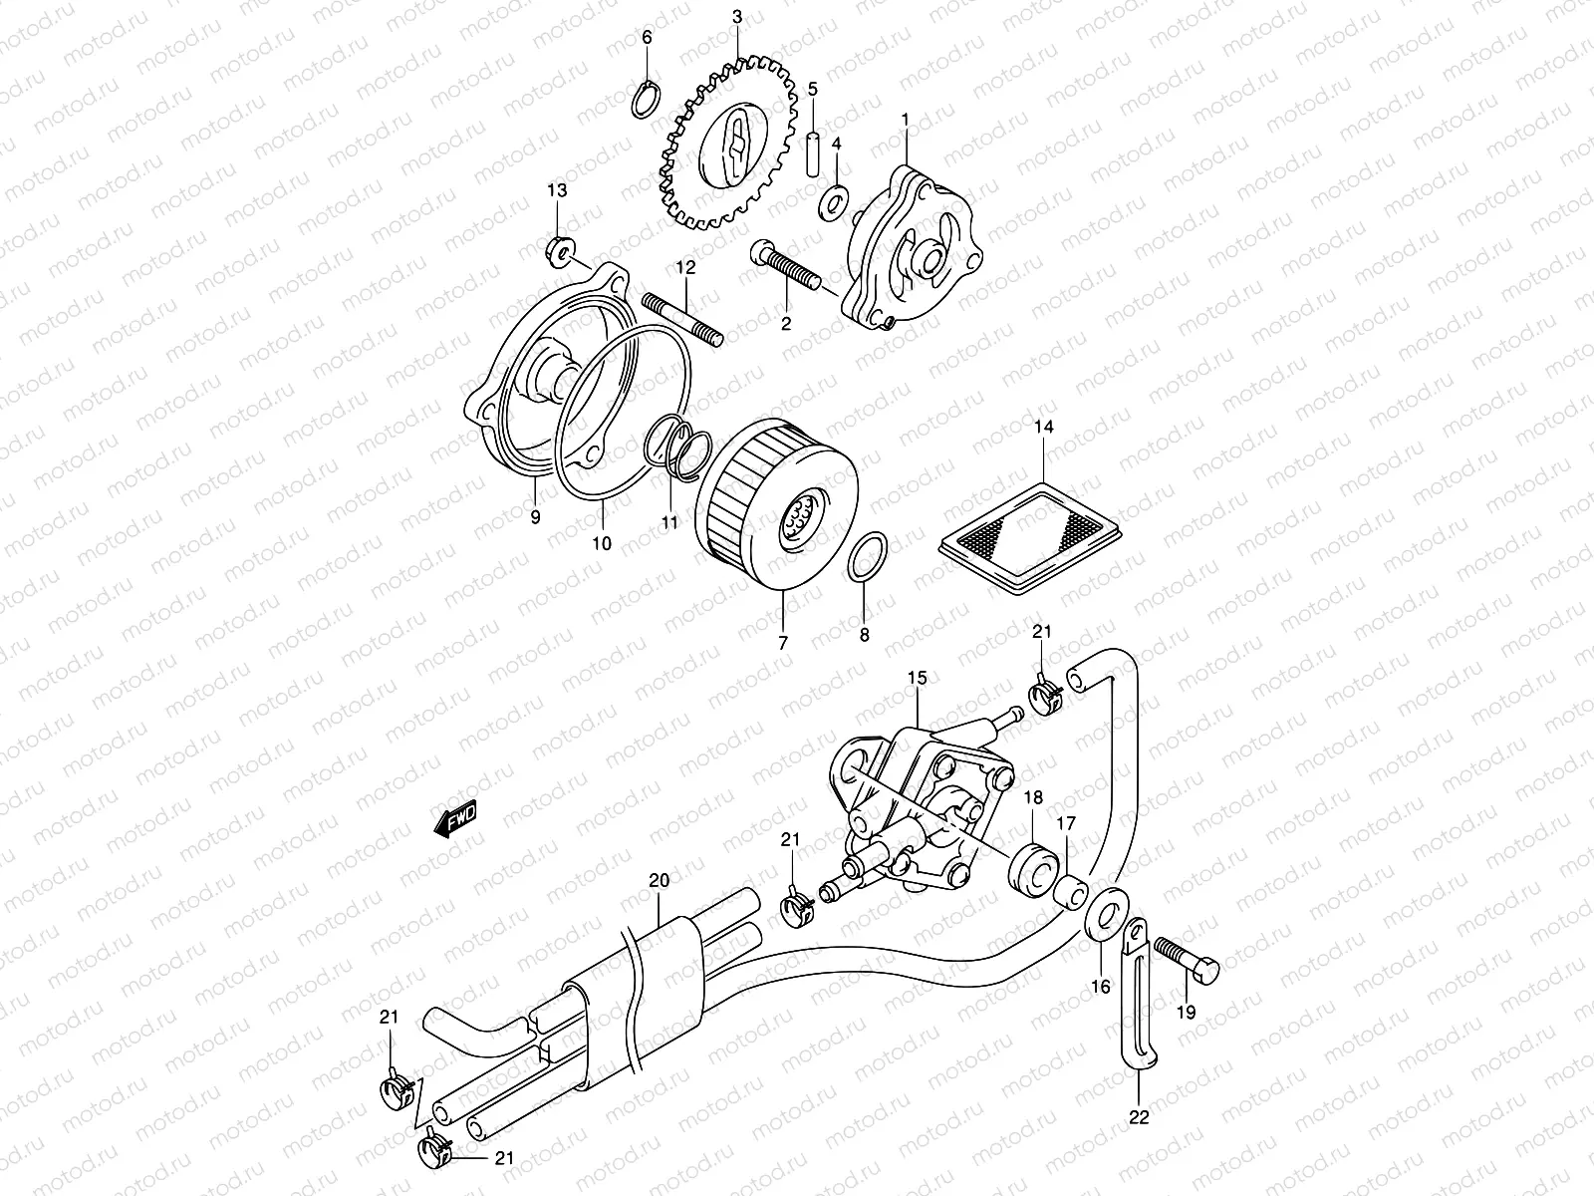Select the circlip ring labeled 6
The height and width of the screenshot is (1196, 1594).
(x=647, y=98)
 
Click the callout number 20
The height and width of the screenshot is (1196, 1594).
(x=659, y=880)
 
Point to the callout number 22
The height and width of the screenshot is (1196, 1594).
(x=1140, y=1117)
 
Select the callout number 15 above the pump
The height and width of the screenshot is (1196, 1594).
(x=917, y=679)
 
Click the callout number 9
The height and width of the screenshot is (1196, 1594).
(x=535, y=516)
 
